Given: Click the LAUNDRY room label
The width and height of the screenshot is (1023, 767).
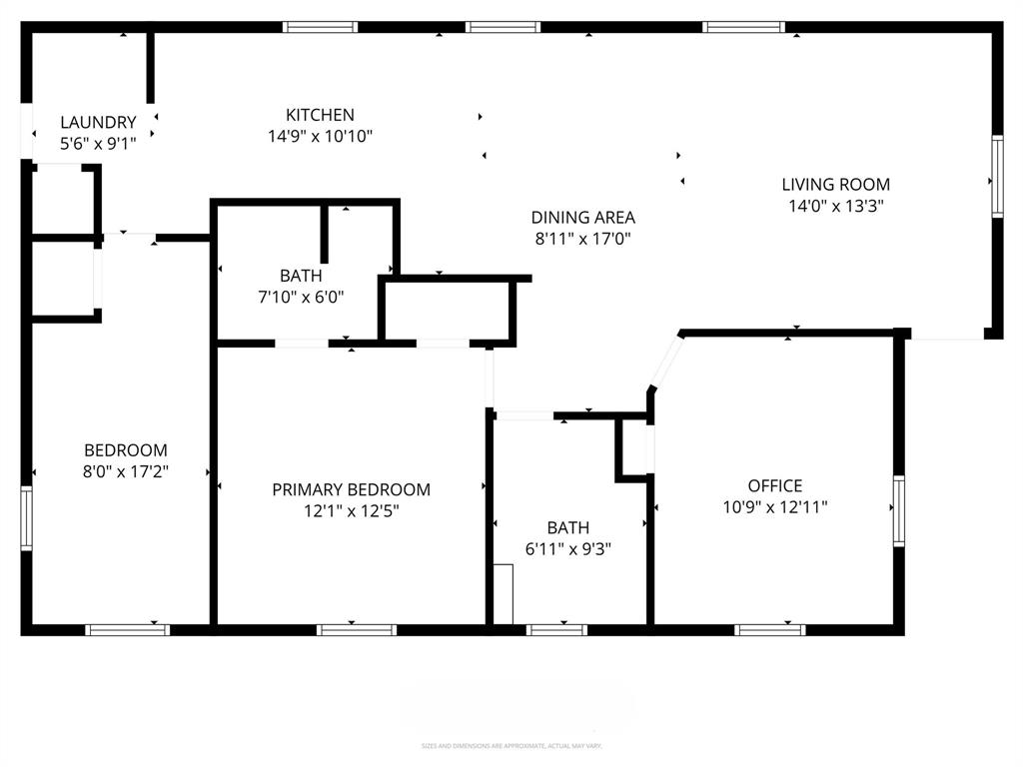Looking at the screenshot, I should pos(98,123).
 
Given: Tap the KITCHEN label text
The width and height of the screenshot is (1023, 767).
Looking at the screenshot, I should pos(320,115).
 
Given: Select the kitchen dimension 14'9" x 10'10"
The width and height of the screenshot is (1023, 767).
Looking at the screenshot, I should pos(320,137).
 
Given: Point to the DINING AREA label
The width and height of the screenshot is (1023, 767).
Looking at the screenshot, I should pos(582,218).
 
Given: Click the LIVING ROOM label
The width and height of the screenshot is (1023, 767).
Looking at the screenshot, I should pos(835,184).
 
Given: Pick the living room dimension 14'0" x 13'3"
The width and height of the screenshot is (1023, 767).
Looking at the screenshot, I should pos(835,207).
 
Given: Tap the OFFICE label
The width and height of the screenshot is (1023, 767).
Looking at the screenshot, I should pos(775,486).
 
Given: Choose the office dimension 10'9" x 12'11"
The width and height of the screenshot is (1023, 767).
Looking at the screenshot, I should pos(775,507).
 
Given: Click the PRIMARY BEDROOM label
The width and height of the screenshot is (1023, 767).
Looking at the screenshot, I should pos(352,489).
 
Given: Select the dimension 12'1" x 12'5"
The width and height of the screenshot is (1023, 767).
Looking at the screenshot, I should pos(352,511).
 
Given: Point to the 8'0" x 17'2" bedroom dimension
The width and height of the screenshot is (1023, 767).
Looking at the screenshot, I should pos(125,472).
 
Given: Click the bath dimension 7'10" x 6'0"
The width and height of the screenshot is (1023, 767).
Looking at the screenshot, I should pos(301,297).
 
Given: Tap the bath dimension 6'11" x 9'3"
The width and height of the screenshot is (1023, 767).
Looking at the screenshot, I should pos(567,549).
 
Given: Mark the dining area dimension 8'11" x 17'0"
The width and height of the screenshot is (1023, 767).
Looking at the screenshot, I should pos(582,240).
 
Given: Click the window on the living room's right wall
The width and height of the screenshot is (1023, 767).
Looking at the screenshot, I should pos(996,177).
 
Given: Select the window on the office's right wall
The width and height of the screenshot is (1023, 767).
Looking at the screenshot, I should pos(898,511).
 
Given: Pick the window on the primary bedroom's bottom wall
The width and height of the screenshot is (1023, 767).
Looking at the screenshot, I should pos(357,629).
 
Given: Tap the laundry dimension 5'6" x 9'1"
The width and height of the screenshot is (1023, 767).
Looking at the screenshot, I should pos(98,144).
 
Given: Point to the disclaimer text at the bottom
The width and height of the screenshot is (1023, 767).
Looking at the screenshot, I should pos(511,746).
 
